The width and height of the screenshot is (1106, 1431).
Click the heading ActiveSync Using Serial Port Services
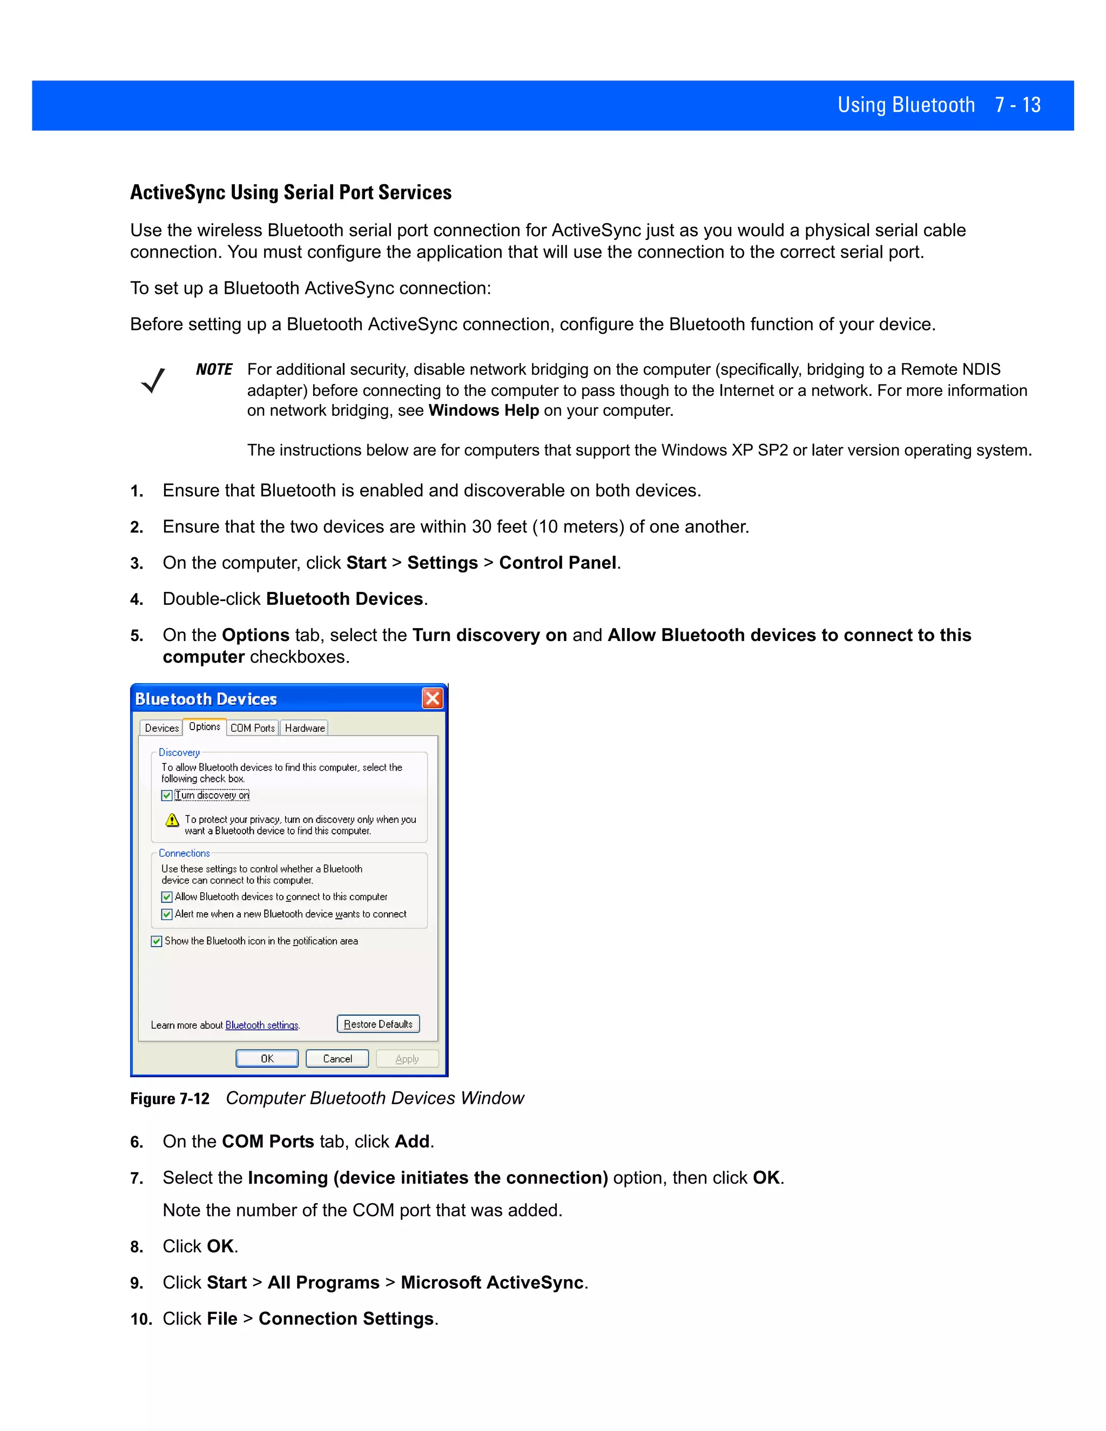[291, 193]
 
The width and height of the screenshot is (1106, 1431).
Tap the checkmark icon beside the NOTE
[153, 381]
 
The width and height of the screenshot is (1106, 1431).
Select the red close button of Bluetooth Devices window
[433, 698]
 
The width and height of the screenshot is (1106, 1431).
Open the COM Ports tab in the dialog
[252, 728]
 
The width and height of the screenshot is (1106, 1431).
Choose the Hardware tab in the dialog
[305, 728]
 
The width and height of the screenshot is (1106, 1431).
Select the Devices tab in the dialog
[161, 728]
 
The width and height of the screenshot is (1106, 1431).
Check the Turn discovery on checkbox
[167, 795]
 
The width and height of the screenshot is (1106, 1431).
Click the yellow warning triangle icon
[172, 820]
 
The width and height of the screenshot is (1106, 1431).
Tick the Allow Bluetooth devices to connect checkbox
[167, 897]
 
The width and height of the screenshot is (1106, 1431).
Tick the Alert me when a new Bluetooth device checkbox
[167, 914]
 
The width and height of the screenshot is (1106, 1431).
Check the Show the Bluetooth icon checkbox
[157, 942]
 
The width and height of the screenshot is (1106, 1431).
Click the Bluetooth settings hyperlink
[261, 1025]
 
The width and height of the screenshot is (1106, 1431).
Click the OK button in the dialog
[267, 1059]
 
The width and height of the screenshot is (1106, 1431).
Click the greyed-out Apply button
[407, 1059]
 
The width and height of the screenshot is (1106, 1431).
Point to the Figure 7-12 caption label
[170, 1099]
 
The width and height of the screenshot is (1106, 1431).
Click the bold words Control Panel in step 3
[557, 563]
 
